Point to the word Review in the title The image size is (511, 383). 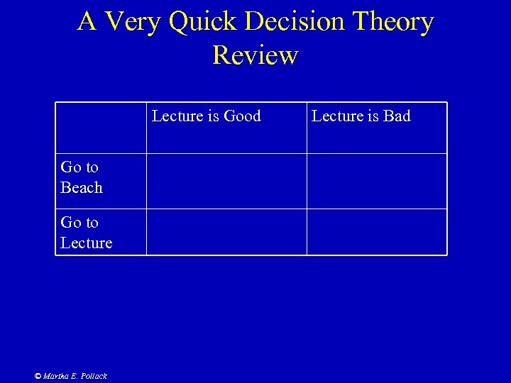(x=255, y=55)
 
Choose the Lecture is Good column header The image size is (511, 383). (x=207, y=116)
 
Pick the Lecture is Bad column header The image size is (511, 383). (x=361, y=116)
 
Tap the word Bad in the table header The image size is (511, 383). (x=397, y=116)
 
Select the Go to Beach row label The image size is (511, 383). (x=81, y=177)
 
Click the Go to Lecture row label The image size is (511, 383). (x=86, y=233)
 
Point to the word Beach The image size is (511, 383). (x=82, y=188)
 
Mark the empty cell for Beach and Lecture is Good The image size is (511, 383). (x=226, y=182)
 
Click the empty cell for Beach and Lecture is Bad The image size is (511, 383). (x=377, y=182)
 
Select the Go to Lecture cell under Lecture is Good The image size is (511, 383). (x=226, y=232)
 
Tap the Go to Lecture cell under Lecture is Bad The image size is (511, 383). (x=377, y=232)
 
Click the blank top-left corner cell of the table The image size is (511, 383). (x=101, y=128)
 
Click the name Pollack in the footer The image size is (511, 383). (x=92, y=376)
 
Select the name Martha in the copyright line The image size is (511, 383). (x=55, y=376)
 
